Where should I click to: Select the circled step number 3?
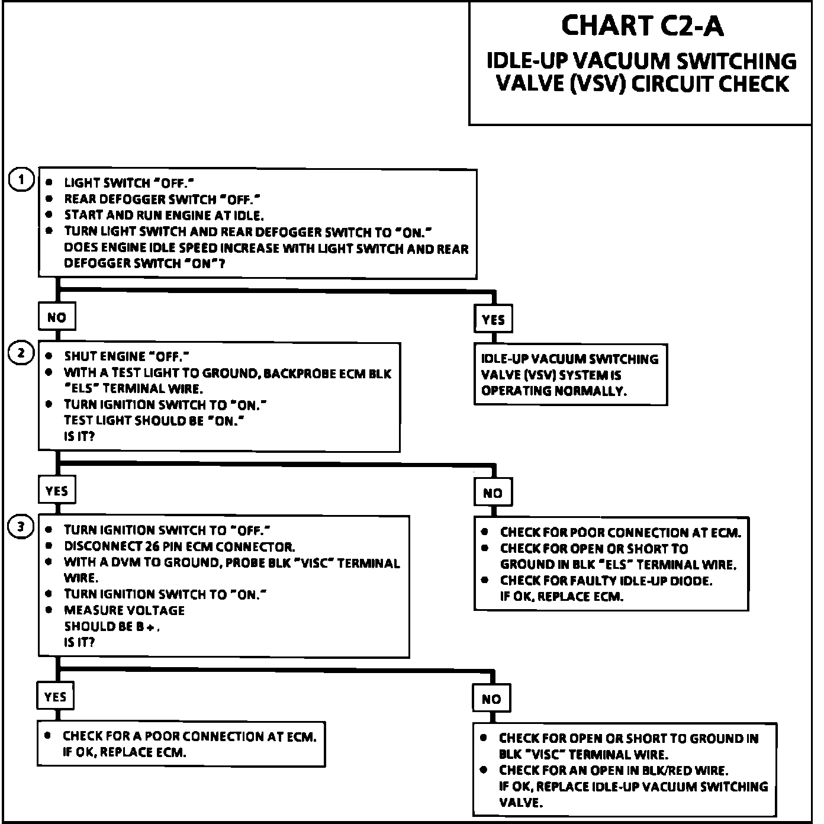click(x=21, y=527)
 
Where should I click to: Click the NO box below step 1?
click(x=57, y=317)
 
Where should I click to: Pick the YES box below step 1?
click(x=493, y=320)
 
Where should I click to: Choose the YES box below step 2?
click(x=57, y=491)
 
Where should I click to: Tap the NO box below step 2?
click(x=493, y=493)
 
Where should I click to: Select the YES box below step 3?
click(x=56, y=697)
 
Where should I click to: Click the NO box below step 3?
click(x=491, y=699)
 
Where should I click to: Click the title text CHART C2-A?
click(x=642, y=26)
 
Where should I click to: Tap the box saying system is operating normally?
click(x=570, y=375)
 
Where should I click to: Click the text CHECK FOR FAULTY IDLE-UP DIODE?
click(x=606, y=581)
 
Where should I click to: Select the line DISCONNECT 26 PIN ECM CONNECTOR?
click(x=179, y=546)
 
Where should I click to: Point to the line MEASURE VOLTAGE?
click(x=124, y=610)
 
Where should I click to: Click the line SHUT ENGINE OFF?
click(x=127, y=356)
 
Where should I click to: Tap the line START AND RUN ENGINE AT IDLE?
click(x=164, y=215)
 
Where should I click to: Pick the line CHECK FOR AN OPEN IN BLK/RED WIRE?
click(x=613, y=770)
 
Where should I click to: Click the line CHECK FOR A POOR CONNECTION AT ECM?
click(x=189, y=736)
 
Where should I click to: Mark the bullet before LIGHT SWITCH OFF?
click(x=49, y=183)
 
